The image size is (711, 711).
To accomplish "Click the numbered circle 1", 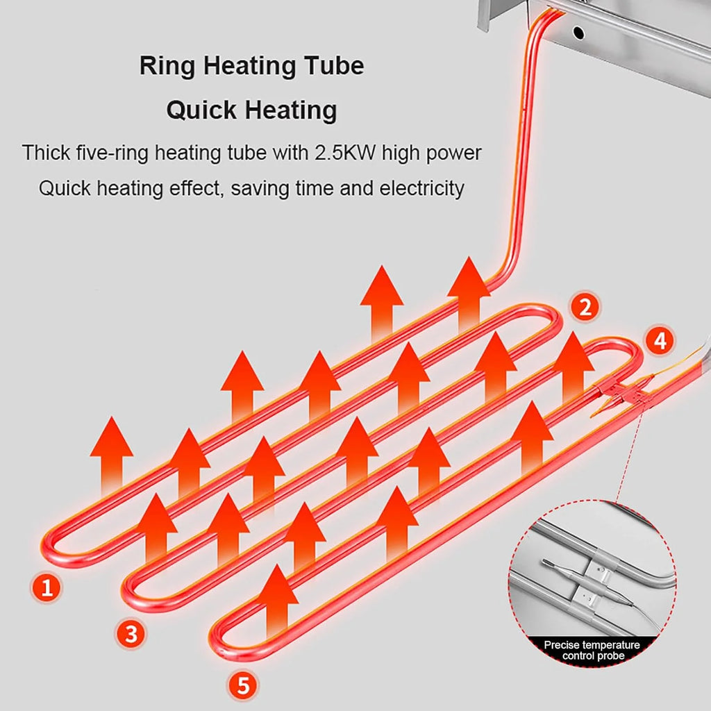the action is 47,587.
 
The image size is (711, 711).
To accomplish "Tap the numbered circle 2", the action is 585,307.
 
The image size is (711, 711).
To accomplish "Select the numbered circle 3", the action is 131,633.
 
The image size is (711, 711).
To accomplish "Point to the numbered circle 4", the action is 660,340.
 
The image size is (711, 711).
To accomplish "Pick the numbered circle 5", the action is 243,685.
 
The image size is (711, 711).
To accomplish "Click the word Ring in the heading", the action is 167,66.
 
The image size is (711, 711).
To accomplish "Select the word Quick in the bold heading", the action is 201,110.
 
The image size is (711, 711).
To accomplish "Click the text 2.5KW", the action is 345,152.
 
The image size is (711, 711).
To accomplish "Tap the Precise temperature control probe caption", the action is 592,650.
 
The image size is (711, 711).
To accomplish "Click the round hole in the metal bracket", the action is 578,33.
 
